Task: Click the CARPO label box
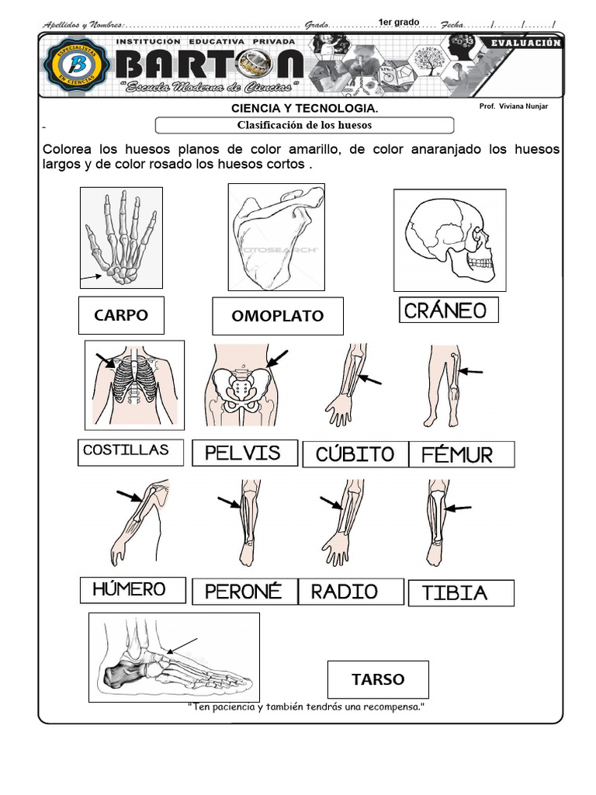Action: pos(121,315)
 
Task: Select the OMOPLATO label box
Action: pos(277,316)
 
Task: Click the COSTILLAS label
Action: pos(130,451)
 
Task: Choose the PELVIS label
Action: pos(244,453)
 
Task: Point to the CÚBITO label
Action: pos(355,454)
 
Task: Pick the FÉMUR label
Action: pos(461,454)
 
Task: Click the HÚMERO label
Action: pos(133,589)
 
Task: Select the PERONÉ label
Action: pos(244,592)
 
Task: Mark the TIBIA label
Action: pos(460,593)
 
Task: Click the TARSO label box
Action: pos(378,679)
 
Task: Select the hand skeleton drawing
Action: pos(121,238)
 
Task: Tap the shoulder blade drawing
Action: pos(275,238)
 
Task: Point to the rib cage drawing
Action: pos(134,384)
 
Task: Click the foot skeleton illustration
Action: pos(174,657)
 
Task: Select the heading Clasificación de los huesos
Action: pos(304,125)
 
